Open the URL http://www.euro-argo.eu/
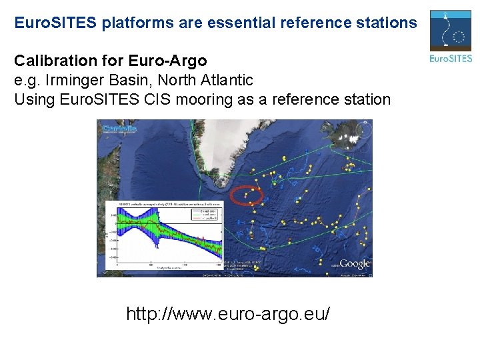(229, 313)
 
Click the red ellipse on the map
(247, 195)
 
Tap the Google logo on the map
(354, 264)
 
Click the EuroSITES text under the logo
(451, 59)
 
